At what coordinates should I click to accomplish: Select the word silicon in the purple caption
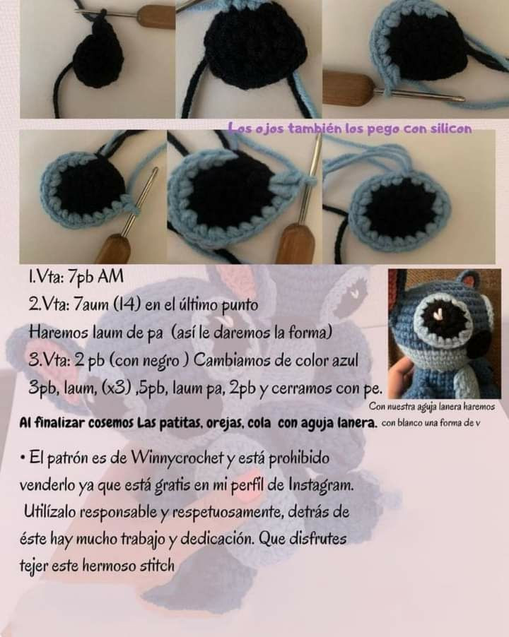[445, 128]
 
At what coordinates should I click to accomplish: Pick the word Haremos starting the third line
[56, 331]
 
